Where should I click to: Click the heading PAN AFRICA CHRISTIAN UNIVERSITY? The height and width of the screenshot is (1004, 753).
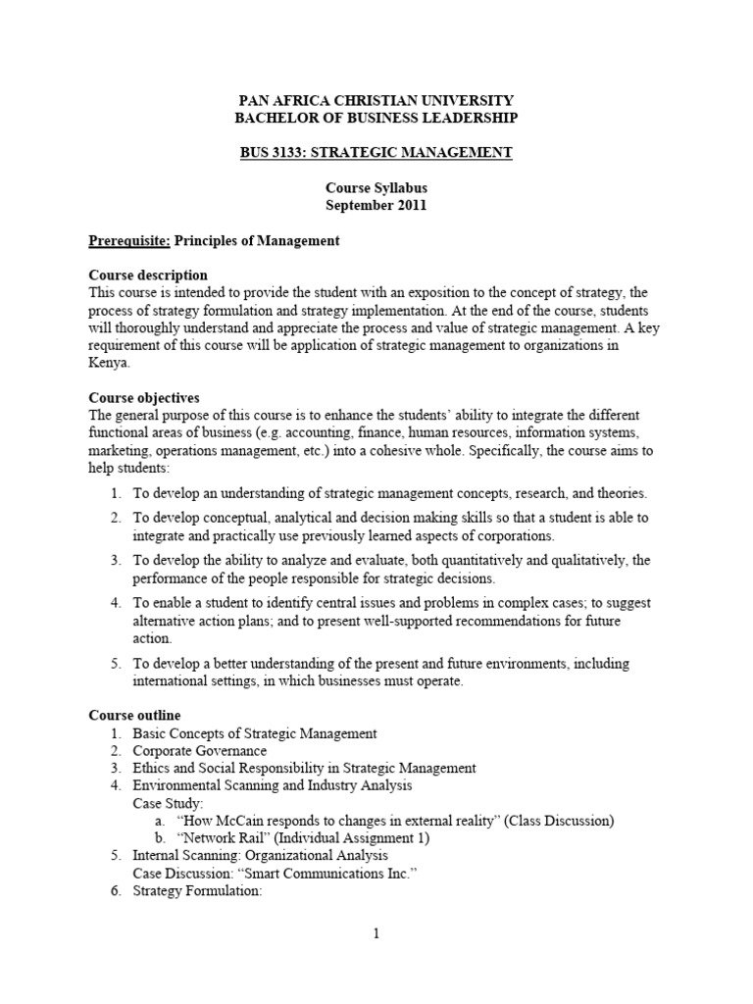click(x=376, y=101)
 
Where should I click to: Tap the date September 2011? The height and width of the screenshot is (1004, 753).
click(x=376, y=206)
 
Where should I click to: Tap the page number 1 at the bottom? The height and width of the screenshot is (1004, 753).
click(x=376, y=934)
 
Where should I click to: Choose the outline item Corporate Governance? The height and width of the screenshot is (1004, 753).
click(x=200, y=751)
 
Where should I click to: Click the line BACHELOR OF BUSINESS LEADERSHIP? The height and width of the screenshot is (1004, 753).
click(x=376, y=118)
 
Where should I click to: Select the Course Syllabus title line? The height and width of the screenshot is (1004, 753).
click(x=376, y=188)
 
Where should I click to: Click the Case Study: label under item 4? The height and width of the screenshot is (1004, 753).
click(x=168, y=803)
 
